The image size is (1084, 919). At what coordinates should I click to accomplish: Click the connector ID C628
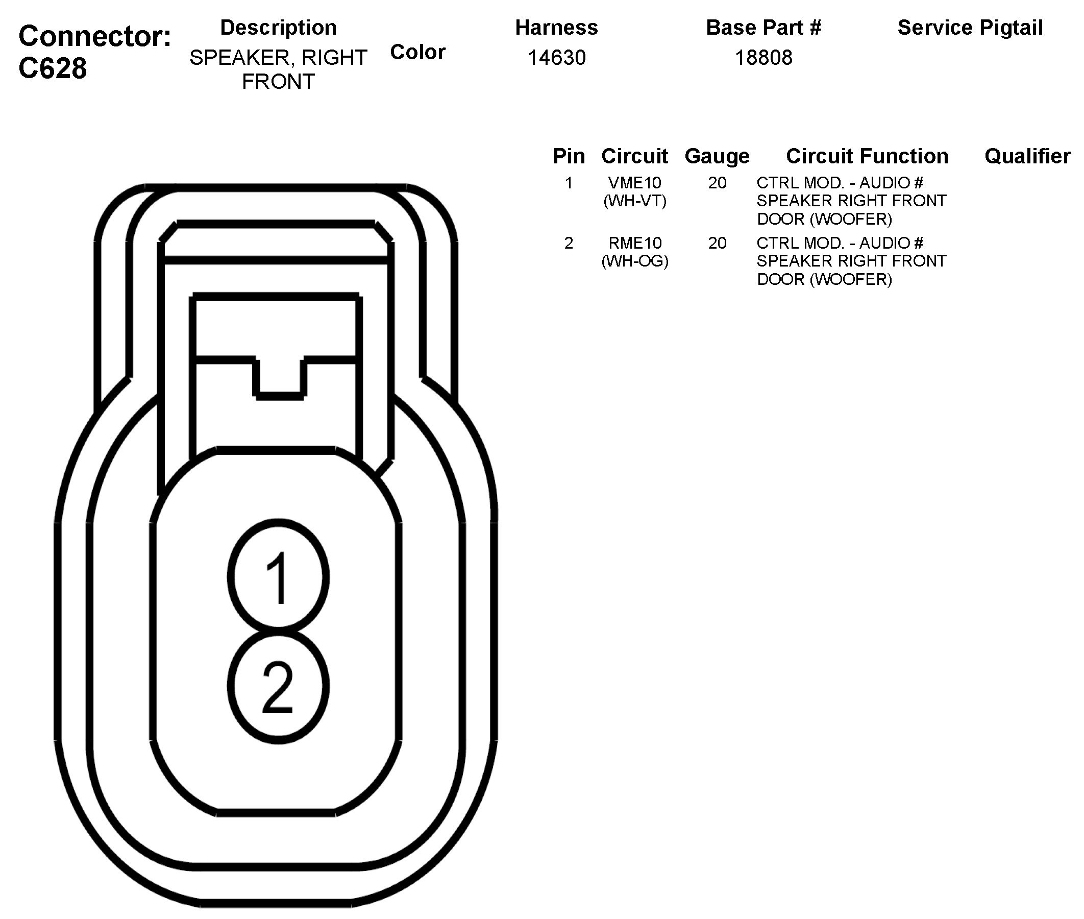pos(53,69)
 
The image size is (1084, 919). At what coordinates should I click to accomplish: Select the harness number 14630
pos(556,58)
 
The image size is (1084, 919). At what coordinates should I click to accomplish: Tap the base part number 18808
pos(763,58)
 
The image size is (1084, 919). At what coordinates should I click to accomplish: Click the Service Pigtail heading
pos(970,28)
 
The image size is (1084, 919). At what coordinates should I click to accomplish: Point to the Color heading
pos(417,52)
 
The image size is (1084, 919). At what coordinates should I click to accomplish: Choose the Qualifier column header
pos(1027,156)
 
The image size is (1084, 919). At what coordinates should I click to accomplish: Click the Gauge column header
pos(717,156)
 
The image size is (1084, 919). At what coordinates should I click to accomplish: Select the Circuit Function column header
pos(867,156)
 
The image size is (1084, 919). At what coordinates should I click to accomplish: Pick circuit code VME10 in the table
pos(635,183)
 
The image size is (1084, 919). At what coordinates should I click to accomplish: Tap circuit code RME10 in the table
pos(635,243)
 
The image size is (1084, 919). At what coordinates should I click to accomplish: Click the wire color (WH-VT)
pos(635,201)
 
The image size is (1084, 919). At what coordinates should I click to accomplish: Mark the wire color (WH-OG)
pos(635,260)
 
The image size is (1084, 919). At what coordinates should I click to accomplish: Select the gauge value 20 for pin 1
pos(717,183)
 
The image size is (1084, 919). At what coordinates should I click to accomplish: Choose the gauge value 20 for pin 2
pos(717,243)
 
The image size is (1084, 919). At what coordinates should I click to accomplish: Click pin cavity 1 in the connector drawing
pos(279,577)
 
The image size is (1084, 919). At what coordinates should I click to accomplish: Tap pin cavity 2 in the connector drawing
pos(279,686)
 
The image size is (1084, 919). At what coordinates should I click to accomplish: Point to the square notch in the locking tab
pos(280,378)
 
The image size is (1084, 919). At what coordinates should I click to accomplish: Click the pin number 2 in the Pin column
pos(569,243)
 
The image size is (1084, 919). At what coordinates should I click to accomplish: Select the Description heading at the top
pos(278,28)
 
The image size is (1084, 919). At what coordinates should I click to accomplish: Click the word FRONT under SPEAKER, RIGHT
pos(278,82)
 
